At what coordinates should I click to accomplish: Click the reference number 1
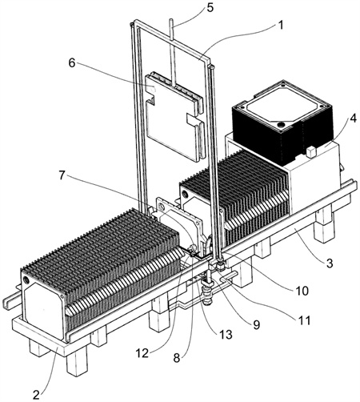point(280,26)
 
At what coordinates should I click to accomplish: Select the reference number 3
point(330,263)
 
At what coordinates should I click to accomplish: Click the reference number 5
point(210,8)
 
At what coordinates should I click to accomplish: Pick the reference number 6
point(72,63)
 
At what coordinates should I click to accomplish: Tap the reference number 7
point(62,175)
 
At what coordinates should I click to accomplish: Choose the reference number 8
point(177,358)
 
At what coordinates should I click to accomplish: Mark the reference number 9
point(256,324)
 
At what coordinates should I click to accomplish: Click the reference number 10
point(302,291)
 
